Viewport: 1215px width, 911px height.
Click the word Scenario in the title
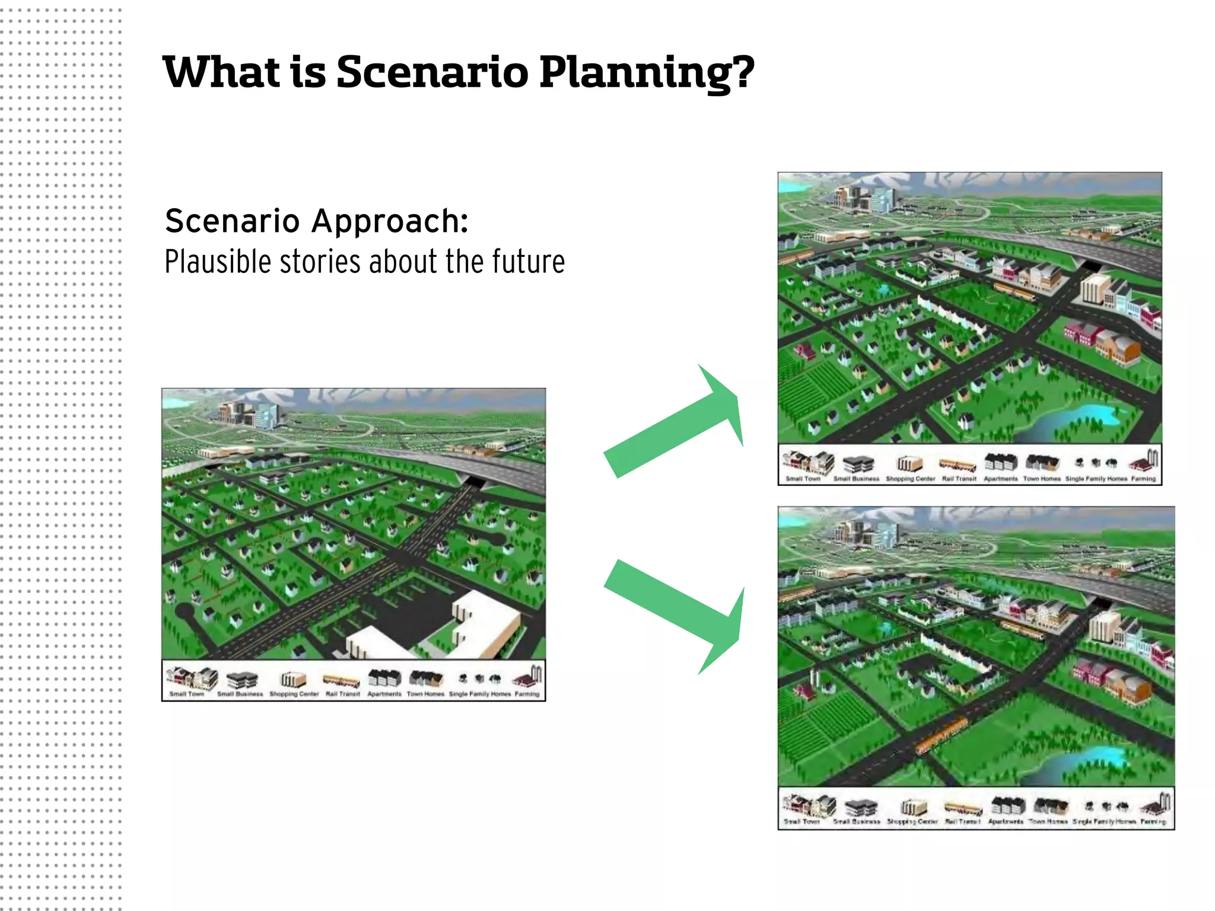[x=432, y=72]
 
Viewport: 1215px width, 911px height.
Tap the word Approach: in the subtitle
[x=390, y=221]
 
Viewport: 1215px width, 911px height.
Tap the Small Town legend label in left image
[x=187, y=693]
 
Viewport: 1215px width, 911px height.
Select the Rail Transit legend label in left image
[x=343, y=693]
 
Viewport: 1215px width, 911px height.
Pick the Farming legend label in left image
[x=527, y=693]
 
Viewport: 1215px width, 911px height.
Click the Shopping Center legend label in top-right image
[x=910, y=479]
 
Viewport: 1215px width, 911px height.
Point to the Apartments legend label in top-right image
[x=1000, y=479]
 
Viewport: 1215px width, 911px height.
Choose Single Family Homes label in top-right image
[x=1096, y=479]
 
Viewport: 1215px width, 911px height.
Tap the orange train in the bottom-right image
[x=942, y=734]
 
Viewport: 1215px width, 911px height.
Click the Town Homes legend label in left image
[x=425, y=693]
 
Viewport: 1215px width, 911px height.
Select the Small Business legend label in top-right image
[x=856, y=479]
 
